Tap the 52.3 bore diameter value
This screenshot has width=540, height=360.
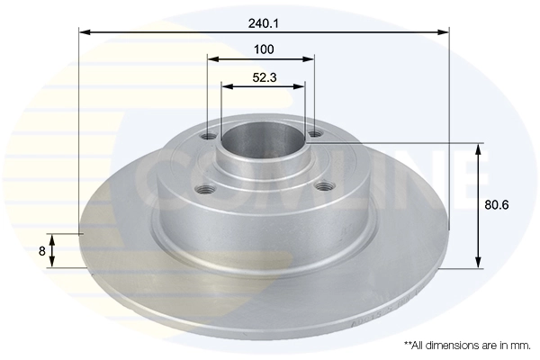coord(263,77)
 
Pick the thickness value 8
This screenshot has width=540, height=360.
coord(41,251)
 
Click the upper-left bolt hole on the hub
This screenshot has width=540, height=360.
coord(209,137)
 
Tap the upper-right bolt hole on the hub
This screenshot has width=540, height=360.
coord(314,135)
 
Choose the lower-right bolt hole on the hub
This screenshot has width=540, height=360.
coord(323,187)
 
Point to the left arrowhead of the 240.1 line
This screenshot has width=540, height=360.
coord(84,31)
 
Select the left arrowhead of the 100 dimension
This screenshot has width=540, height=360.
coord(212,59)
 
